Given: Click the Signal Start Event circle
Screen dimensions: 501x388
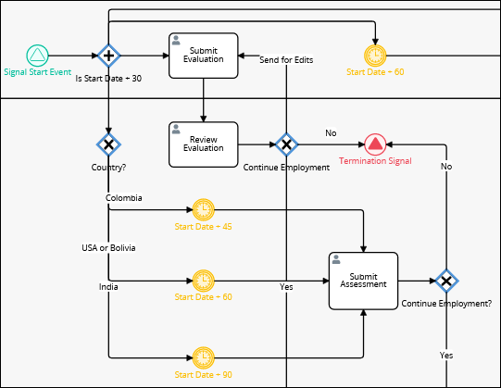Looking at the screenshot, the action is [37, 56].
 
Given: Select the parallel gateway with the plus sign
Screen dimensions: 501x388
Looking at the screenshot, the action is [108, 56].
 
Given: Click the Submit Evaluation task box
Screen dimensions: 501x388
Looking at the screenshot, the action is [204, 56].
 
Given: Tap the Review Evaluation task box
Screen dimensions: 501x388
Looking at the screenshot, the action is [204, 144].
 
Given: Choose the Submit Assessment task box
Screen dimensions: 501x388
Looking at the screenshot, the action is [363, 281].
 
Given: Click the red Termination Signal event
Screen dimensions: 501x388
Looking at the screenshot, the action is [375, 144].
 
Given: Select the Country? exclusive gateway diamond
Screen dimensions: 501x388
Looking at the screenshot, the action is [108, 144].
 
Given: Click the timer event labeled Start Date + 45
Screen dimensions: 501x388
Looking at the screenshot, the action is [204, 209].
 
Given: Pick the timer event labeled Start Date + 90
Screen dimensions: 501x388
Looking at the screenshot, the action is [204, 357].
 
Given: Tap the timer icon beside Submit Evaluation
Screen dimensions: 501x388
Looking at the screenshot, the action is [375, 56].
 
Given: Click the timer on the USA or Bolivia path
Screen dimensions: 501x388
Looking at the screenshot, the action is [204, 281].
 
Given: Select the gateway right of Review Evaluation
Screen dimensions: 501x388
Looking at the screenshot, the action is [286, 144].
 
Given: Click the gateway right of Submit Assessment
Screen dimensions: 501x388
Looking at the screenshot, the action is [446, 281].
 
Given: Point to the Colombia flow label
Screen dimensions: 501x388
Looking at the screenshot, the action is [124, 198].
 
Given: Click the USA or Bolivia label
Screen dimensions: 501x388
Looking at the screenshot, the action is [108, 247].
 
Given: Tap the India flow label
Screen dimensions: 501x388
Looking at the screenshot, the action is [108, 287].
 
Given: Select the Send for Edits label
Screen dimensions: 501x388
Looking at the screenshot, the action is [286, 60].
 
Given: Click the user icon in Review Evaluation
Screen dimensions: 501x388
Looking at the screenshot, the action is [176, 129].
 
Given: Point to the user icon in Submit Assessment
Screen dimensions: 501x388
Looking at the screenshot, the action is [336, 259].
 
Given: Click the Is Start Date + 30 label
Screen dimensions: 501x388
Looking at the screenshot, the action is [108, 79].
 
